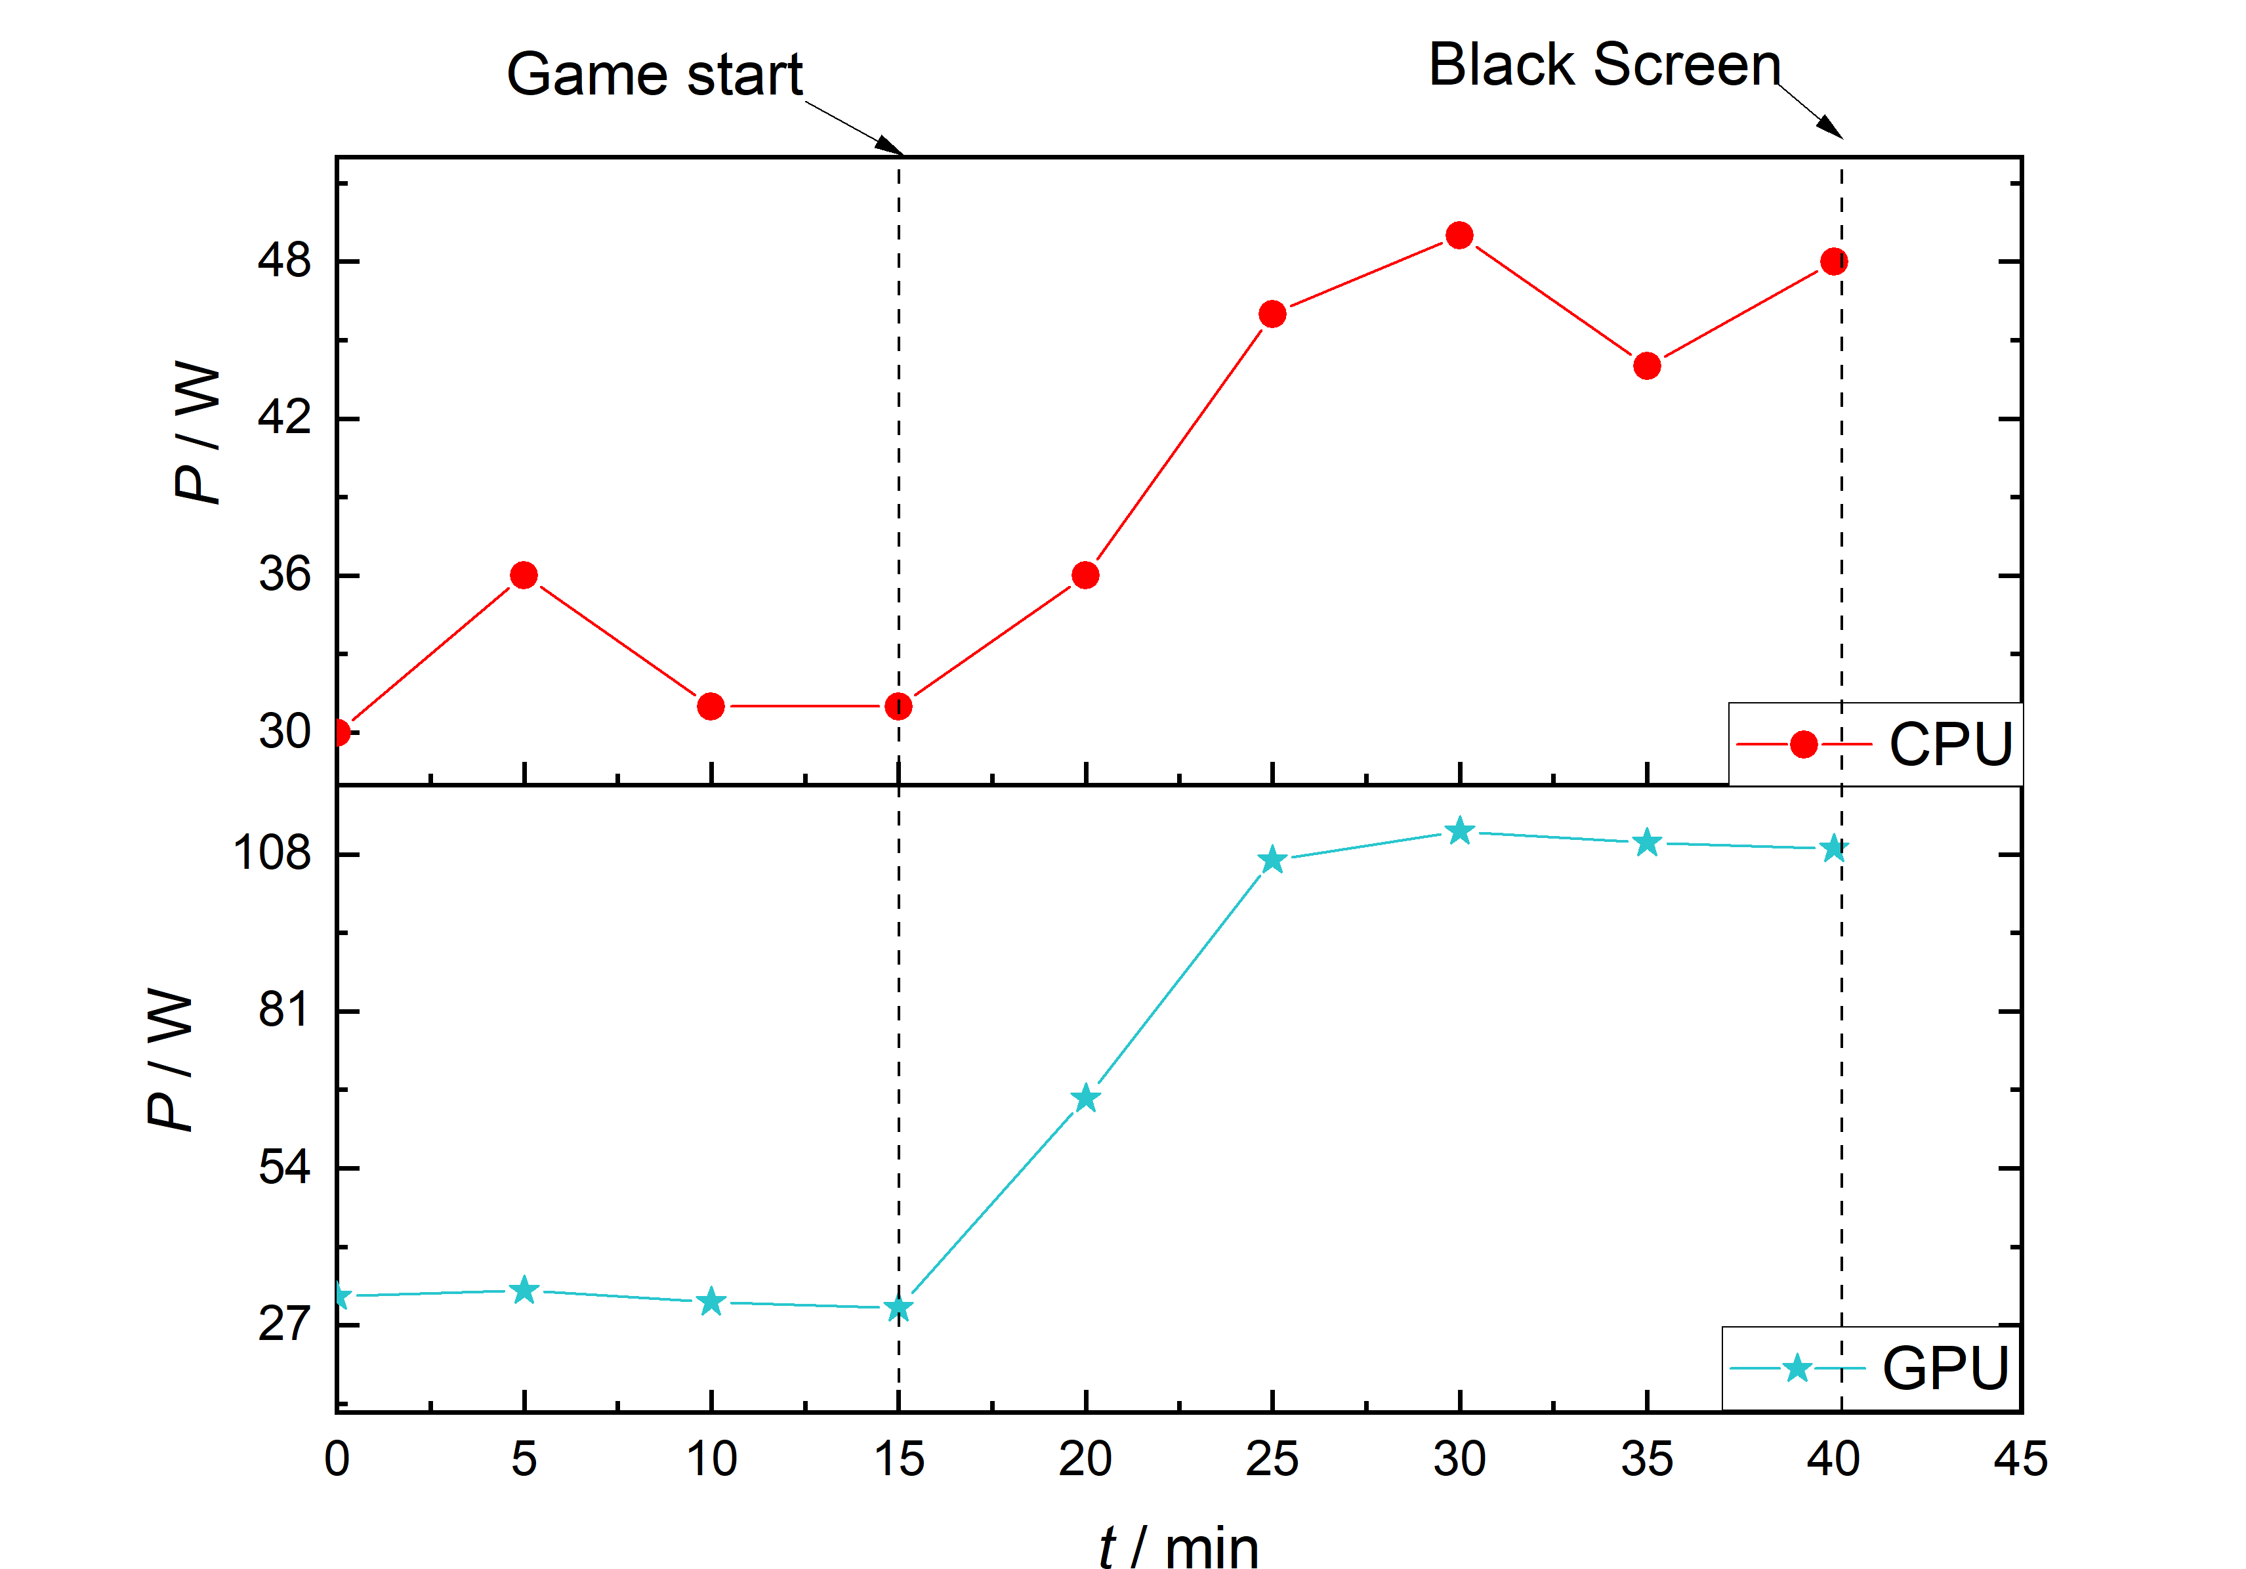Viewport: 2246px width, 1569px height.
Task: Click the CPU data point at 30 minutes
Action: pyautogui.click(x=1459, y=236)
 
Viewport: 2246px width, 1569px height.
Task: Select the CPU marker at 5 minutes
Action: pyautogui.click(x=524, y=575)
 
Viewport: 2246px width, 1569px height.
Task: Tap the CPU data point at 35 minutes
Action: pyautogui.click(x=1648, y=366)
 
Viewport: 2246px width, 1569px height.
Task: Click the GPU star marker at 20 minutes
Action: pyautogui.click(x=1085, y=1098)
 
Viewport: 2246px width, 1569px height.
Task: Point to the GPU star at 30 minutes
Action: pyautogui.click(x=1459, y=831)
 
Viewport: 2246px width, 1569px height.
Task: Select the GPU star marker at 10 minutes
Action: pyautogui.click(x=711, y=1302)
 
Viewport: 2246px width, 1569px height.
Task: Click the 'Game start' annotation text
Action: pyautogui.click(x=654, y=75)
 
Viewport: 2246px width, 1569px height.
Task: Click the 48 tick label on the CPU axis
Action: pyautogui.click(x=285, y=261)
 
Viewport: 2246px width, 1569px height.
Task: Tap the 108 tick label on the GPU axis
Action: pyautogui.click(x=272, y=853)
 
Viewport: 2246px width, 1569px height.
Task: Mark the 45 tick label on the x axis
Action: pyautogui.click(x=2021, y=1459)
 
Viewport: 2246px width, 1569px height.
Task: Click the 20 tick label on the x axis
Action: pyautogui.click(x=1085, y=1459)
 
